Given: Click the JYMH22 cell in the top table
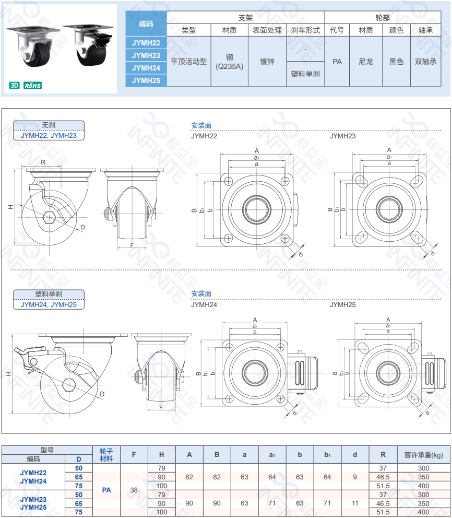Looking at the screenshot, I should tap(146, 42).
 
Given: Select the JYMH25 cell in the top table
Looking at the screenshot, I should tap(146, 80).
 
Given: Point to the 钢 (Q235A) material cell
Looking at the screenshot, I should tap(229, 62).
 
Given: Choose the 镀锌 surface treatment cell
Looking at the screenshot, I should tap(267, 62).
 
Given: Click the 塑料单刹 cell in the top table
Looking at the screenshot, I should tap(305, 74).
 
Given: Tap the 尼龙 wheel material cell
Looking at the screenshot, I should tap(365, 62).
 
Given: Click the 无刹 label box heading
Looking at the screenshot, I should tap(49, 125).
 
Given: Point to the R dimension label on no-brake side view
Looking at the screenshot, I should tap(43, 162).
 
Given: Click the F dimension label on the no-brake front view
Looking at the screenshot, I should tap(132, 245).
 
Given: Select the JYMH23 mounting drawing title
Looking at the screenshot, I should tap(342, 136).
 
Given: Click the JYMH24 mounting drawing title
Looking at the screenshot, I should tap(204, 304).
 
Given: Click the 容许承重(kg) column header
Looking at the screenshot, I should tap(423, 454).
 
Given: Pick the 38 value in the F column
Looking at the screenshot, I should tap(134, 490).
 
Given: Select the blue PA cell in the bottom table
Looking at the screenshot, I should tap(106, 490).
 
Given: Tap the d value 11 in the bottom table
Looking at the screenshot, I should tap(355, 503).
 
